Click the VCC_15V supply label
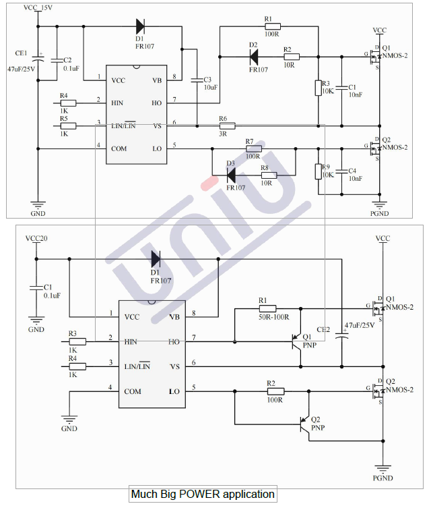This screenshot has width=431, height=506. pyautogui.click(x=37, y=8)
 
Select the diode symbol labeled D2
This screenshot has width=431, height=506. pyautogui.click(x=254, y=58)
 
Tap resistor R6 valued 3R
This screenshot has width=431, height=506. pyautogui.click(x=227, y=125)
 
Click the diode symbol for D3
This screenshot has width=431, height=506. pyautogui.click(x=231, y=176)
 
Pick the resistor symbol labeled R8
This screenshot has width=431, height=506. pyautogui.click(x=269, y=176)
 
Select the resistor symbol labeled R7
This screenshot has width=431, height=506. pyautogui.click(x=254, y=148)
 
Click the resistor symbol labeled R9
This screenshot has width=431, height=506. pyautogui.click(x=318, y=171)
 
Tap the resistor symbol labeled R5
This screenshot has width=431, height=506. pyautogui.click(x=69, y=125)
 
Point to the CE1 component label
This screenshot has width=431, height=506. pyautogui.click(x=21, y=53)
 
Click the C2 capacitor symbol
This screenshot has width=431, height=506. pyautogui.click(x=57, y=60)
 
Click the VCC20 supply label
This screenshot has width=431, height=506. pyautogui.click(x=36, y=240)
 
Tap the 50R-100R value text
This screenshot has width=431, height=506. pyautogui.click(x=273, y=316)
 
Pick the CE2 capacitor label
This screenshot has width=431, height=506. pyautogui.click(x=324, y=329)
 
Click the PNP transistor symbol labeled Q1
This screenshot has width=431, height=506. pyautogui.click(x=297, y=343)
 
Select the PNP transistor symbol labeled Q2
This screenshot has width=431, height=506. pyautogui.click(x=306, y=424)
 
